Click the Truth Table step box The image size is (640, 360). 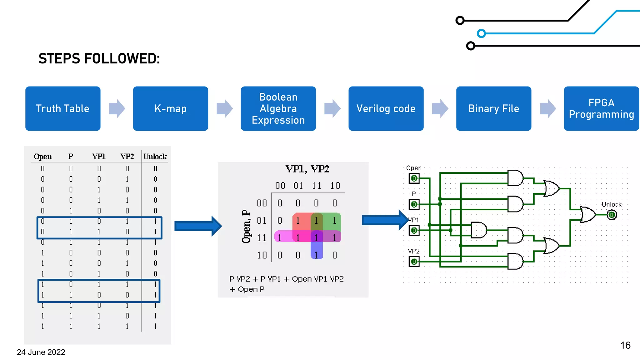(62, 108)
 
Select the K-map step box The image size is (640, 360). (170, 108)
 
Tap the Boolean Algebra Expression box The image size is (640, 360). (278, 108)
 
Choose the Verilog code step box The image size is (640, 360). (386, 108)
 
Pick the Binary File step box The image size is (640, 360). (493, 108)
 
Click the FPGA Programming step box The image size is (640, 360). (601, 108)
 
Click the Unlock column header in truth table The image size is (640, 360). (155, 157)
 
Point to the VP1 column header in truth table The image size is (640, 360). (99, 157)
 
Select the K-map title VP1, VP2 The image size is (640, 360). (307, 169)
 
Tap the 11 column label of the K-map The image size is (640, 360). (316, 186)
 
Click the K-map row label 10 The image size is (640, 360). (262, 255)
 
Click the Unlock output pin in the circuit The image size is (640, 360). (612, 215)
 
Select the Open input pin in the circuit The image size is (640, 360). (414, 178)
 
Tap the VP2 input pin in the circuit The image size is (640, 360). (414, 262)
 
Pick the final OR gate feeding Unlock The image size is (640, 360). (587, 215)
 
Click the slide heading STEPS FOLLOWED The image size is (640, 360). (99, 58)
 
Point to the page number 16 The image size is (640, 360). (625, 345)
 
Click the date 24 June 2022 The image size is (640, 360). (41, 352)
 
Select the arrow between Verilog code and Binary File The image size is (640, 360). (440, 108)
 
